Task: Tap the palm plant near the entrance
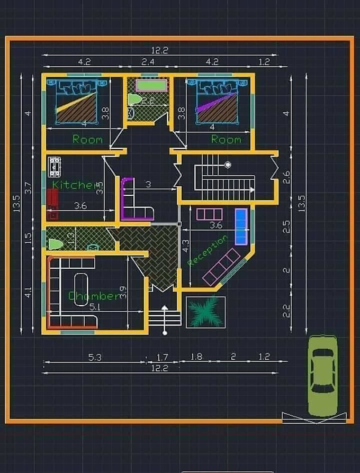click(205, 312)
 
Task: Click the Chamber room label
click(94, 296)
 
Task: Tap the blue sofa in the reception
click(241, 226)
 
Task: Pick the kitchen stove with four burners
click(54, 166)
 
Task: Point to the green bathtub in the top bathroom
click(151, 85)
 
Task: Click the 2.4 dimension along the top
click(148, 62)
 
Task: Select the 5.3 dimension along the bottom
click(95, 357)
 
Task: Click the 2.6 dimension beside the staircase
click(286, 177)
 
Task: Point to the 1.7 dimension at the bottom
click(162, 357)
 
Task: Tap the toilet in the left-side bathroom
click(55, 244)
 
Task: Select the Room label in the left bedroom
click(87, 139)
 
